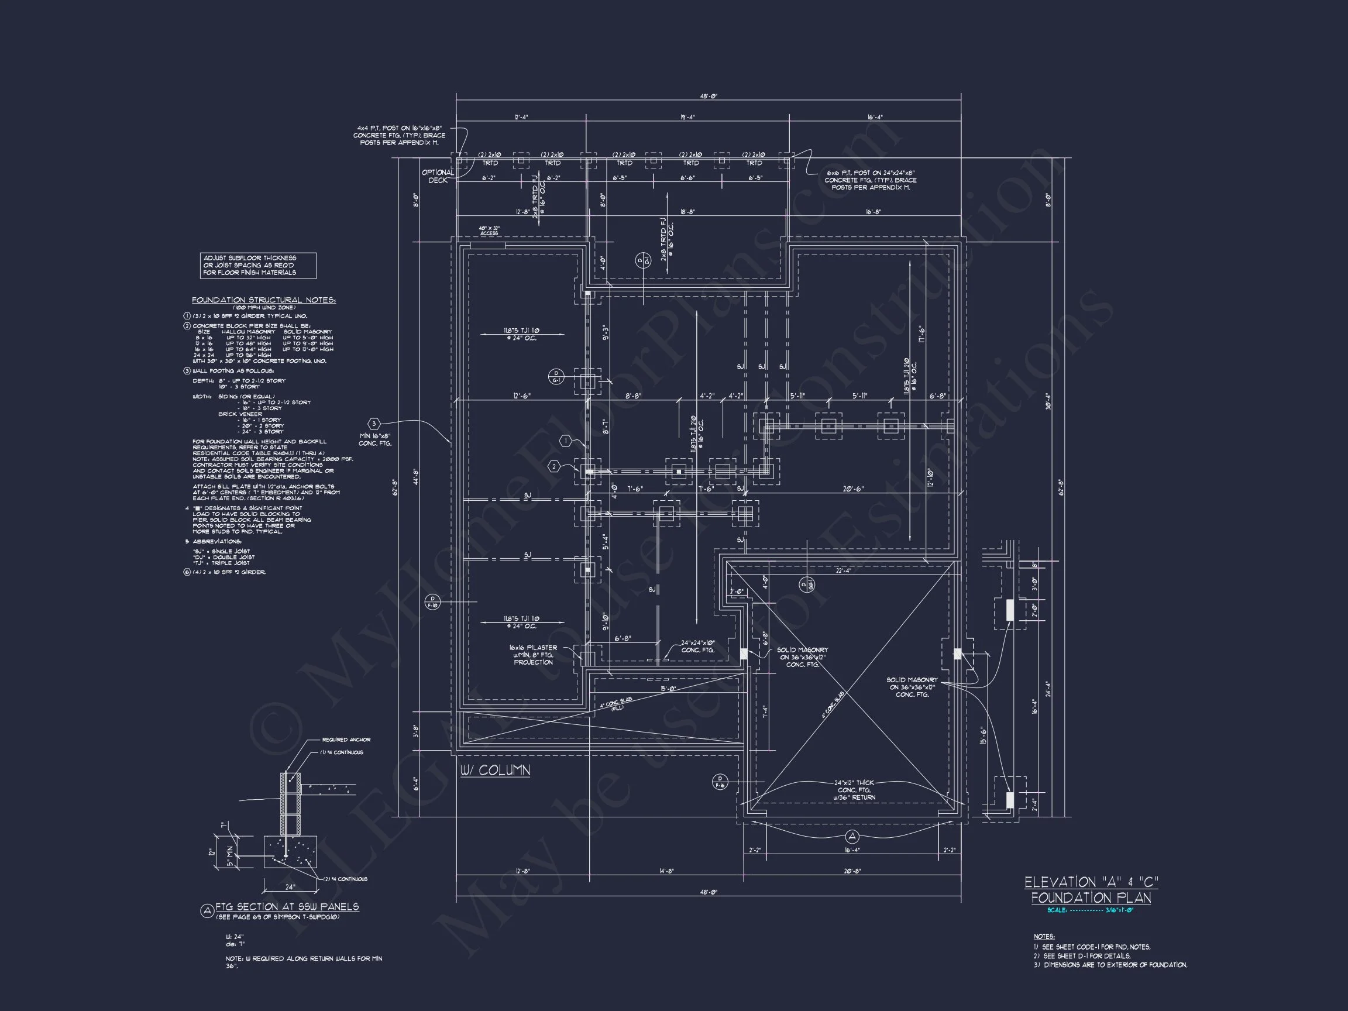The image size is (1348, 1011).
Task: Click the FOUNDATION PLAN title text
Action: (x=1091, y=897)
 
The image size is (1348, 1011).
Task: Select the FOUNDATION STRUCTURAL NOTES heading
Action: (x=264, y=300)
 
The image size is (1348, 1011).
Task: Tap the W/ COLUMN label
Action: (x=495, y=771)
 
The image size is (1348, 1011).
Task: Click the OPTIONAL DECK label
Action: (x=438, y=176)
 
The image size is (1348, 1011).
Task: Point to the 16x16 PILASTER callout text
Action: (x=533, y=655)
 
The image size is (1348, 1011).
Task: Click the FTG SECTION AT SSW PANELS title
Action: (x=287, y=906)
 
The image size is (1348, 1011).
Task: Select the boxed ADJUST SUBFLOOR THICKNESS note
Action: (x=258, y=265)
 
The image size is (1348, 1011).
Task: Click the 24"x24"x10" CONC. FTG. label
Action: (x=698, y=646)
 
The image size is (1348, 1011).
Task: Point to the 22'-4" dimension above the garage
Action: (x=844, y=570)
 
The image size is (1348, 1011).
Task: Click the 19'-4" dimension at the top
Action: (x=687, y=118)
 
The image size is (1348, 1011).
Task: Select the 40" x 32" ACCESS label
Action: (x=489, y=231)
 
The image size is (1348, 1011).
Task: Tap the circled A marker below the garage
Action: (x=852, y=835)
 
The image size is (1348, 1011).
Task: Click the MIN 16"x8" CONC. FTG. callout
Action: (x=375, y=439)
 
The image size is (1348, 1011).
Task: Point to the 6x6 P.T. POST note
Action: (x=870, y=180)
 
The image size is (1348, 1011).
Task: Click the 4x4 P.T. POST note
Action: (x=400, y=135)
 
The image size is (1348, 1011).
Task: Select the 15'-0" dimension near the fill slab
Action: (x=668, y=689)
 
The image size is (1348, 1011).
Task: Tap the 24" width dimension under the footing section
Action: (x=290, y=887)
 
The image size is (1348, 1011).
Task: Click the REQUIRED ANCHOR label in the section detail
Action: (x=346, y=739)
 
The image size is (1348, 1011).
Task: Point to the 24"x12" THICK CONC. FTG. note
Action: (x=854, y=790)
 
